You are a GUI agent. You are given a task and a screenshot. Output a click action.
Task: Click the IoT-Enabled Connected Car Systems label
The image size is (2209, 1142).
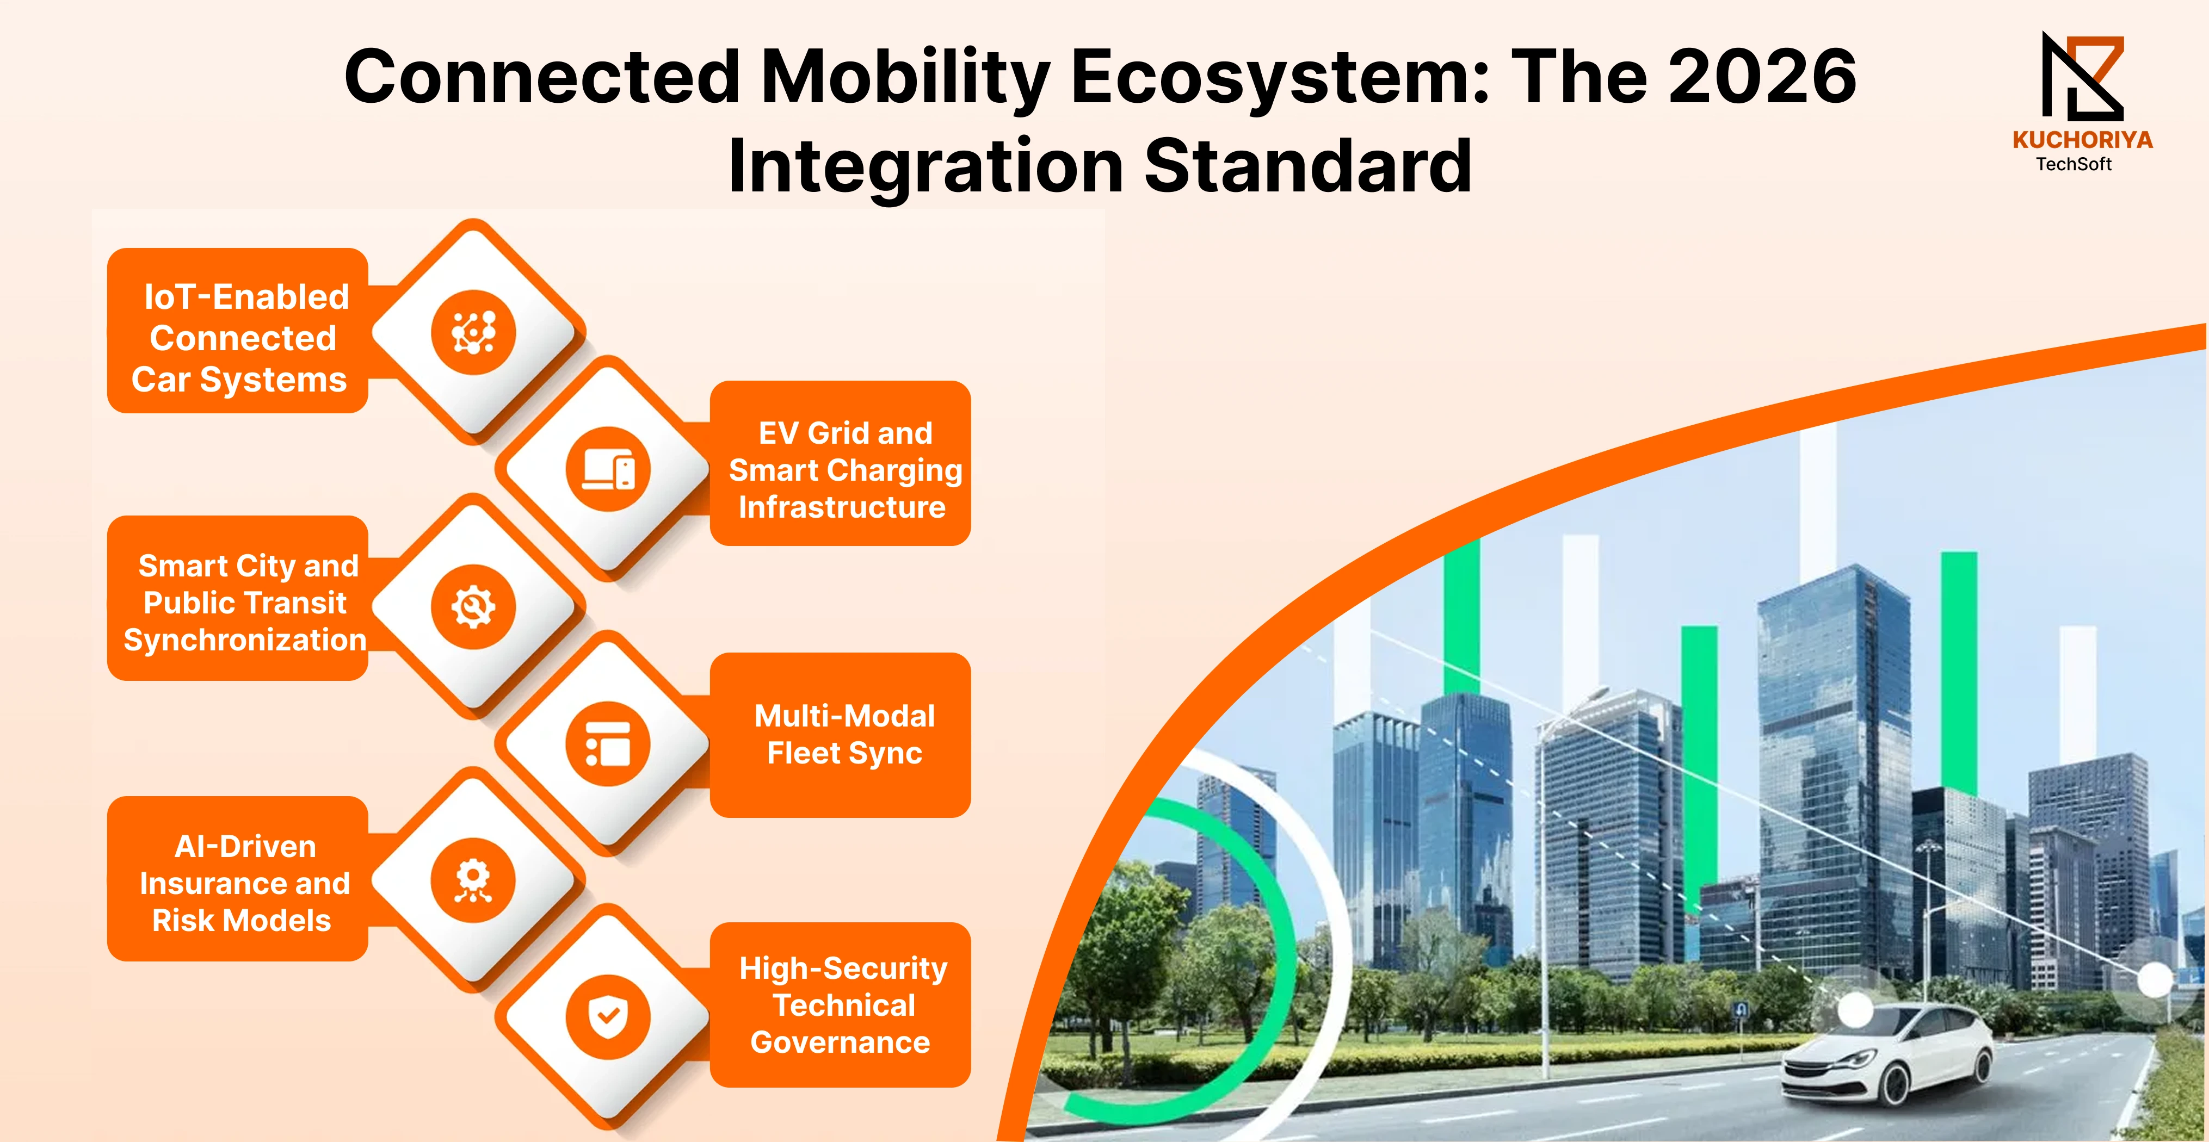pos(241,338)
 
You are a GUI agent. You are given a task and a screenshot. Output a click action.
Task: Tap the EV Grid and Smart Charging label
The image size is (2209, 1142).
pos(844,470)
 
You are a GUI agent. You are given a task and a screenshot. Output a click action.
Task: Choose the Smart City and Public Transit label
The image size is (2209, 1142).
pos(245,603)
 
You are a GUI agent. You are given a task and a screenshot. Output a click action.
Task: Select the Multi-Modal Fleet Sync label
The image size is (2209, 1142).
pos(844,735)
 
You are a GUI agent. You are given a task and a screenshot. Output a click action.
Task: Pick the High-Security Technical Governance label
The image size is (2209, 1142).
pos(843,1005)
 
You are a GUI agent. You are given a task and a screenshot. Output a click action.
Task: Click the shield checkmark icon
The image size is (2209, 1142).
pos(608,1017)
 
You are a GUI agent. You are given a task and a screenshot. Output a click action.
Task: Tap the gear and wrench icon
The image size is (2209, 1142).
pos(473,607)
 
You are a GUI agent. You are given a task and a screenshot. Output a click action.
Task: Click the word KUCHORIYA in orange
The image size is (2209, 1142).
pos(2082,140)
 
